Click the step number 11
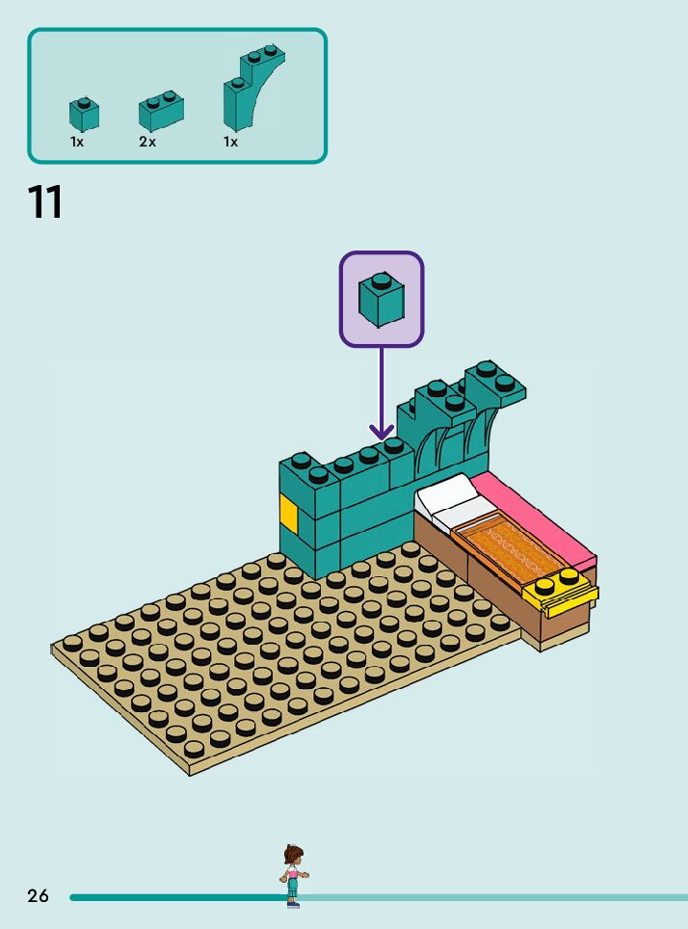[45, 202]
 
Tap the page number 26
[38, 896]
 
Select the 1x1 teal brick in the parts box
[84, 115]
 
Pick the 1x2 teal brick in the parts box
[161, 112]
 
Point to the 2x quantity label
[147, 142]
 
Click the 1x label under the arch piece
[231, 142]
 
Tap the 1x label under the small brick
[77, 142]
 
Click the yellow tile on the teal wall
[288, 511]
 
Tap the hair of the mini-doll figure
[293, 854]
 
